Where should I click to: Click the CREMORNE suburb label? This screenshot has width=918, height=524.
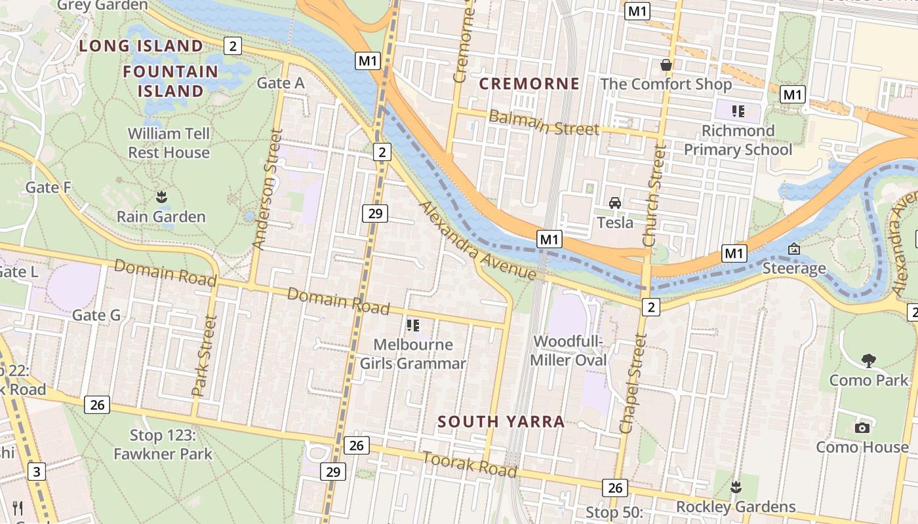529,84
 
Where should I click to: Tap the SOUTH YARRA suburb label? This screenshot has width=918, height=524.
501,421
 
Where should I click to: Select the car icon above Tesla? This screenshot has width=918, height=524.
615,203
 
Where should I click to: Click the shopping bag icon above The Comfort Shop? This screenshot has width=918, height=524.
666,65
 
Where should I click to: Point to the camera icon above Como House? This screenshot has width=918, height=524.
862,428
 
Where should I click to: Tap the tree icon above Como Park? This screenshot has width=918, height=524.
869,360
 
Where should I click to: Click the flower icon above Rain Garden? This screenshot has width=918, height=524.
161,196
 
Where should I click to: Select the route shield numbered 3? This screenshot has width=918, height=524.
37,471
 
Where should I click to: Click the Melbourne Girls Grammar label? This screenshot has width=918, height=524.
412,354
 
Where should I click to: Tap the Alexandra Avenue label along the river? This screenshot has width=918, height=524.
477,241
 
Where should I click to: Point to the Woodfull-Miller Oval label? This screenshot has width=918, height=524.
568,350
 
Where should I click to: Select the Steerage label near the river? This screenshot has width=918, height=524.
794,268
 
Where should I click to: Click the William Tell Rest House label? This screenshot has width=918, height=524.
169,143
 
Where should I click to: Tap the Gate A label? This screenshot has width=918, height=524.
281,83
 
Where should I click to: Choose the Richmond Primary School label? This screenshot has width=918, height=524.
738,140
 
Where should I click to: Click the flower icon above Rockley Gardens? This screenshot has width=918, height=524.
736,487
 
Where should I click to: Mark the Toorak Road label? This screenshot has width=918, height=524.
469,464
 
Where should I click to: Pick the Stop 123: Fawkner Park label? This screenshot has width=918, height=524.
163,444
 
